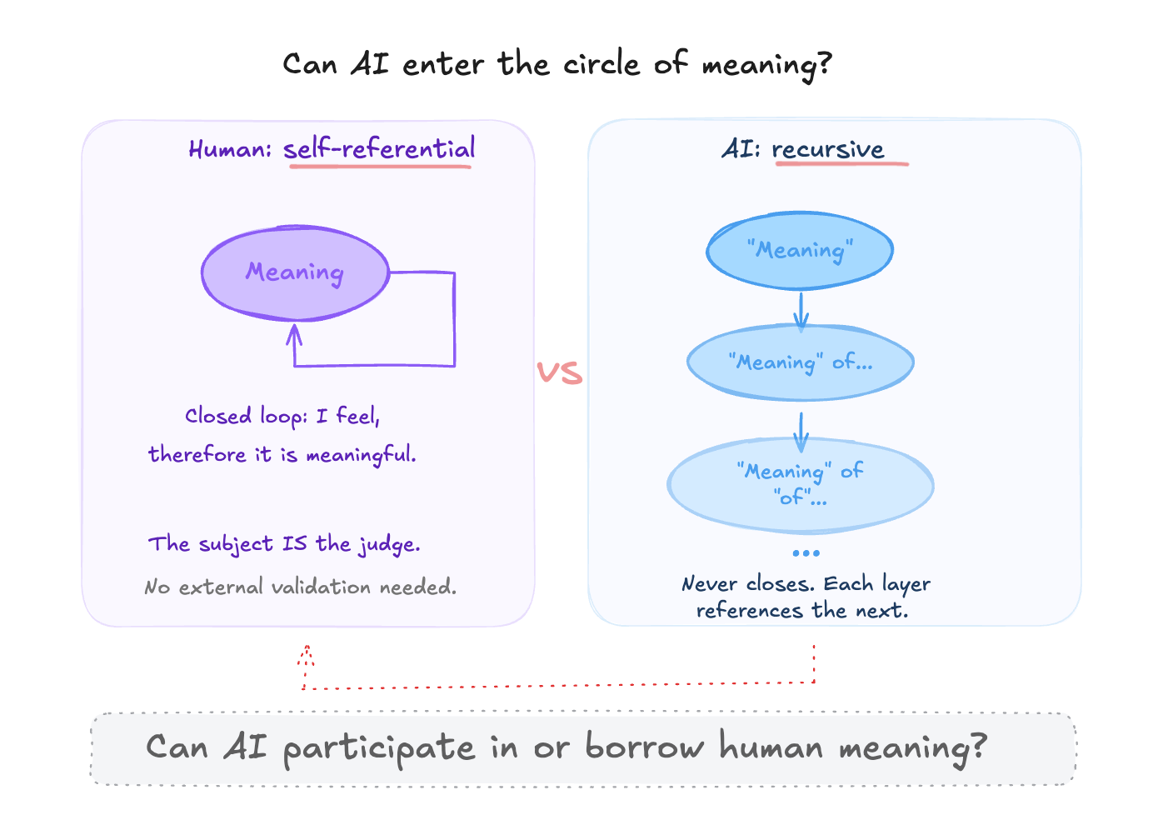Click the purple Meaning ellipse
[295, 272]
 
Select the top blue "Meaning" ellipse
[800, 250]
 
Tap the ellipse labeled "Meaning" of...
[800, 362]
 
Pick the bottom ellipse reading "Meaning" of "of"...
[800, 484]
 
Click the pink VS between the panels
[559, 372]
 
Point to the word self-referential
[379, 149]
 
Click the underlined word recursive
[827, 149]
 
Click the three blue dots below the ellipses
[806, 552]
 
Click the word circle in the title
[601, 64]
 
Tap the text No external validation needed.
[300, 587]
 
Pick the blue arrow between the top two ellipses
[801, 310]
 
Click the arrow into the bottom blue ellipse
[801, 432]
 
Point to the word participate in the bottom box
[379, 747]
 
